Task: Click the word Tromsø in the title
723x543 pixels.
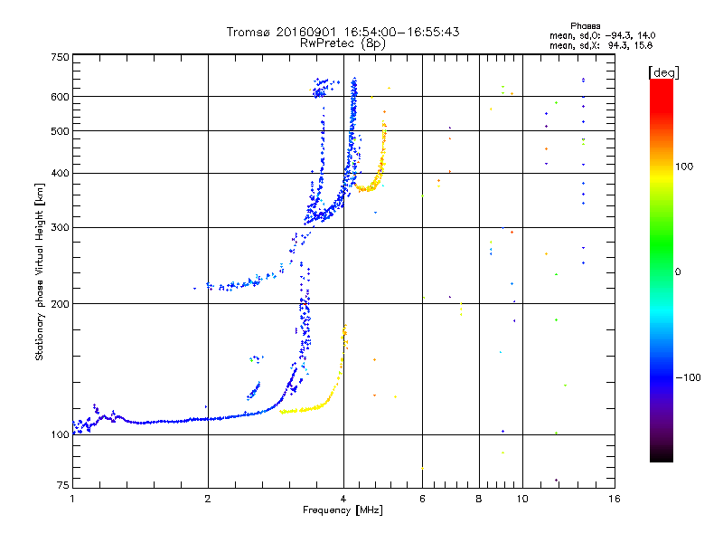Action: pos(249,32)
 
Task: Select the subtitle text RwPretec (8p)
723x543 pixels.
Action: pos(343,43)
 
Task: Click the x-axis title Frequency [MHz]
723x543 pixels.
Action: pos(343,510)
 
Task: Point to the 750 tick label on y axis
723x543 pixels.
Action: pos(60,57)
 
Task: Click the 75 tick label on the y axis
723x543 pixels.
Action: pos(63,485)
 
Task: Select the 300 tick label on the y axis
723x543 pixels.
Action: pos(60,227)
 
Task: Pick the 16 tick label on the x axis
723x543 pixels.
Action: pos(615,499)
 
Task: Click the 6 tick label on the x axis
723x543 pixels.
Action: pos(422,499)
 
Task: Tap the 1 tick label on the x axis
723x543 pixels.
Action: pos(72,499)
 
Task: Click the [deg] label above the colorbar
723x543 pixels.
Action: pos(664,72)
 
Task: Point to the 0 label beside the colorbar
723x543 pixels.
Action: pos(678,272)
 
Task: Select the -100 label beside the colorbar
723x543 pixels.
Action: pos(689,377)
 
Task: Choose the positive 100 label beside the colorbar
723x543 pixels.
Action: pos(684,167)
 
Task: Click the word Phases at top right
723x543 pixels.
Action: pos(586,26)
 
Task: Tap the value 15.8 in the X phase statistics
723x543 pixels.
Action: pos(644,45)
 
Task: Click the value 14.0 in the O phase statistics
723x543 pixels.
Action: pos(647,35)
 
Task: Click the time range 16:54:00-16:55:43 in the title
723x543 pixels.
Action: pos(401,32)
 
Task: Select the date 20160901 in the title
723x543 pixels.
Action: pos(307,32)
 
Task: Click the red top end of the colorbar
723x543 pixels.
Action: pos(662,81)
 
